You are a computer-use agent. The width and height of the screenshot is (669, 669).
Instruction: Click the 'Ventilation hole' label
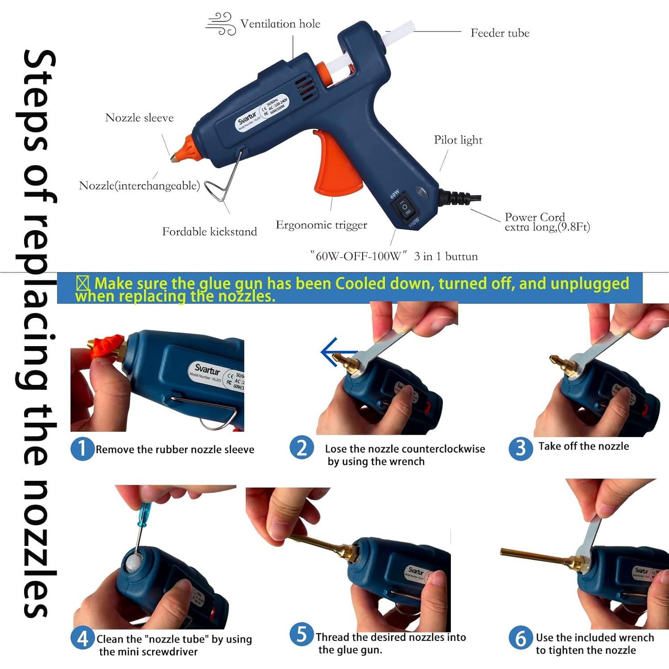280,24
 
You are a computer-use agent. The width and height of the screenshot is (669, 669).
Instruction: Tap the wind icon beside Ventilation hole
221,24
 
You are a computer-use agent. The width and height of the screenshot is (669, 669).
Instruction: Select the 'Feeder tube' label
500,33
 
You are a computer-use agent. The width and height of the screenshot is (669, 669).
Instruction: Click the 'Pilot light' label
458,140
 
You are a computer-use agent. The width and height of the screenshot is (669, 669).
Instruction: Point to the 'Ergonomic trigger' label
321,225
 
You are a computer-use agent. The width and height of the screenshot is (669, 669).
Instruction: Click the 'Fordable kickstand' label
209,231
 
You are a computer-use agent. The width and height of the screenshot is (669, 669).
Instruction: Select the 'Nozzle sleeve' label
139,118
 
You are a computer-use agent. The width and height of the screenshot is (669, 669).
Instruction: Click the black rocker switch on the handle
405,206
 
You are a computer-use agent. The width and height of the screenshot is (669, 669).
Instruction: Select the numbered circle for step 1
82,449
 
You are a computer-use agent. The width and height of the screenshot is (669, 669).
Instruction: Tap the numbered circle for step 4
83,639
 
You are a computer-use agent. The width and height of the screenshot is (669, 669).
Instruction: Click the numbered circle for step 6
520,638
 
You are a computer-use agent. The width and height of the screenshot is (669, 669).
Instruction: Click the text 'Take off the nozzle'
583,446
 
